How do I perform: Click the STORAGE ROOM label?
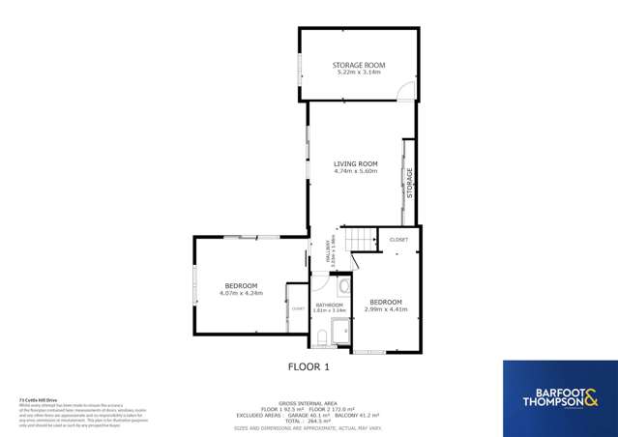[360, 65]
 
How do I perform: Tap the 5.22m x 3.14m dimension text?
[360, 73]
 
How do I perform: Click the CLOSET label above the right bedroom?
[398, 239]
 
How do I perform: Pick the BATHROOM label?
[330, 305]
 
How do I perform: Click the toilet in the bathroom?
[320, 337]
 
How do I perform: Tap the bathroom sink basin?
[344, 287]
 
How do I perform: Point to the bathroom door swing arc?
[319, 283]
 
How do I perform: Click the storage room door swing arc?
[407, 92]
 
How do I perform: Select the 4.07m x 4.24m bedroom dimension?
[242, 293]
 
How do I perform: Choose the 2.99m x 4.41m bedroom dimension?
[386, 309]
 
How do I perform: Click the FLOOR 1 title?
[309, 367]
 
